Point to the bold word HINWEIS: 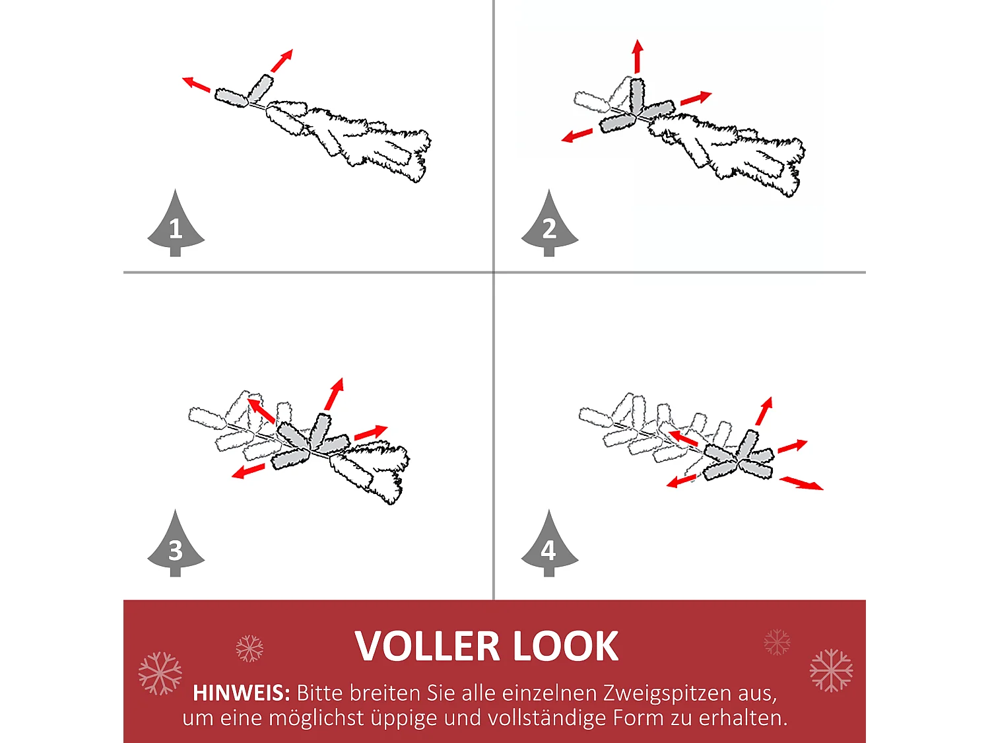click(241, 693)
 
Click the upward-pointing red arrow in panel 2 click(638, 56)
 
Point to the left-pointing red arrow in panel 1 click(196, 84)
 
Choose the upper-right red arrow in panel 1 click(282, 61)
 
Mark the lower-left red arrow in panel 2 click(577, 135)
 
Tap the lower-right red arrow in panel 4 click(801, 483)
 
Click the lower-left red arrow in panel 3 click(248, 472)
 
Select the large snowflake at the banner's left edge click(160, 673)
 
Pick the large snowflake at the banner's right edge click(831, 670)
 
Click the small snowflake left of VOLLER click(249, 649)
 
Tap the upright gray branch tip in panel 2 click(636, 95)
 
